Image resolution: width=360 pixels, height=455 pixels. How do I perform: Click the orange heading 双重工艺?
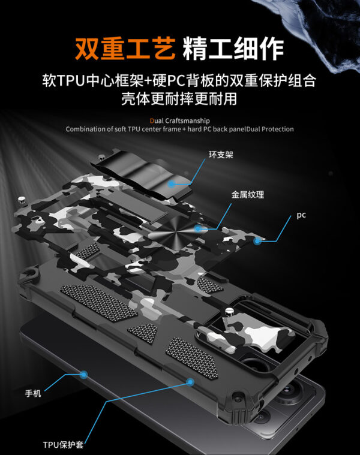pyautogui.click(x=124, y=46)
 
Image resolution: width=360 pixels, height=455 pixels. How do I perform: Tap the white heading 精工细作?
pyautogui.click(x=233, y=46)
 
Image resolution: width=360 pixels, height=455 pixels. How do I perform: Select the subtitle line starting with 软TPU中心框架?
pyautogui.click(x=179, y=80)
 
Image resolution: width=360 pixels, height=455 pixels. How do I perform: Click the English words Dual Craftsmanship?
pyautogui.click(x=180, y=120)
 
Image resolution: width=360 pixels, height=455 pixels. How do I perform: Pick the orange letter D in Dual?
pyautogui.click(x=152, y=120)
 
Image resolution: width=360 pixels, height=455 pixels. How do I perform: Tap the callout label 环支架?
pyautogui.click(x=221, y=155)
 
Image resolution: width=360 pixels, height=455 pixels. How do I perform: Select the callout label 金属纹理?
pyautogui.click(x=248, y=194)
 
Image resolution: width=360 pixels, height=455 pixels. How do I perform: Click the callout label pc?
pyautogui.click(x=301, y=215)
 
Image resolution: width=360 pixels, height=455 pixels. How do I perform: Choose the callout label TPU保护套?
pyautogui.click(x=62, y=445)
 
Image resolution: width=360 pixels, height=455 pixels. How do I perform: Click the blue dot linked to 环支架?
pyautogui.click(x=172, y=183)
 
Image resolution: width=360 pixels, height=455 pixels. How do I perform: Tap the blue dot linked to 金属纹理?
pyautogui.click(x=198, y=228)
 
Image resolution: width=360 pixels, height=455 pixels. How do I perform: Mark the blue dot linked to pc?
pyautogui.click(x=257, y=241)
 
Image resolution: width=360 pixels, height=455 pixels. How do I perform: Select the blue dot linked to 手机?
pyautogui.click(x=84, y=373)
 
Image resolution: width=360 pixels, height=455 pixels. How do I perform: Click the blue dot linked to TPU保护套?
pyautogui.click(x=191, y=381)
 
